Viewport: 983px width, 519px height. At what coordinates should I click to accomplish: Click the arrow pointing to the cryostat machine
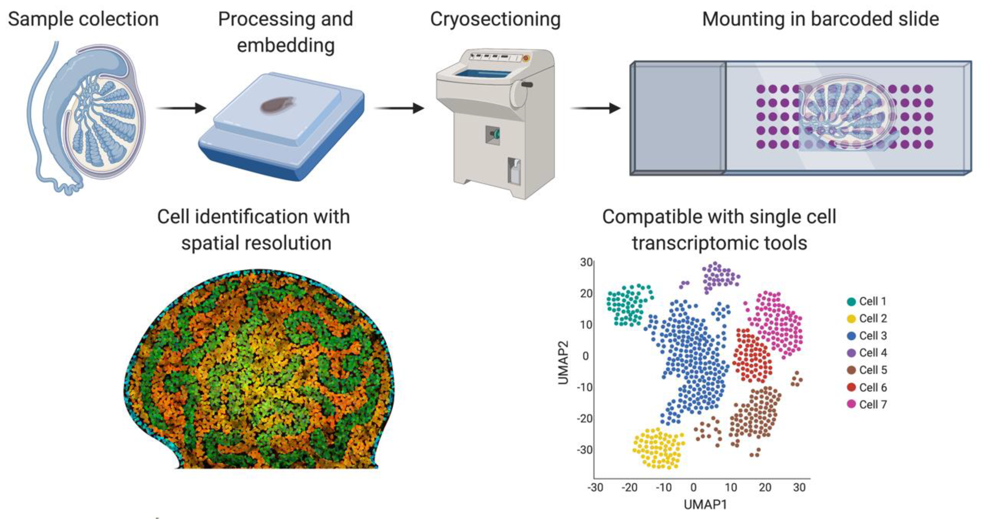(399, 108)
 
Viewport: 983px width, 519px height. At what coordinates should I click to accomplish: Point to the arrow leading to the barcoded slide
(595, 108)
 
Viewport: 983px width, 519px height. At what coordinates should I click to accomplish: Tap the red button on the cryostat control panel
(526, 58)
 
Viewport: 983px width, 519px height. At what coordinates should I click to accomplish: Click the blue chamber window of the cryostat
(483, 74)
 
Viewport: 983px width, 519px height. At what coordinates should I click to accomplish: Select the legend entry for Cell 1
(867, 301)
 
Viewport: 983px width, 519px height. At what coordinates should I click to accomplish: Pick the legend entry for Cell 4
(867, 353)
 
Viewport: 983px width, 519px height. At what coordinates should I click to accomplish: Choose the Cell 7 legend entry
(867, 404)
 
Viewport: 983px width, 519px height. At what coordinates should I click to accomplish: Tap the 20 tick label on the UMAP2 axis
(586, 293)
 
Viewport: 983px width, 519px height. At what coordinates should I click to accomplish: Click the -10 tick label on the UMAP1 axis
(663, 487)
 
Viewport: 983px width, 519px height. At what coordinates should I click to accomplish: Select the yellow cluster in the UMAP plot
(658, 449)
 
